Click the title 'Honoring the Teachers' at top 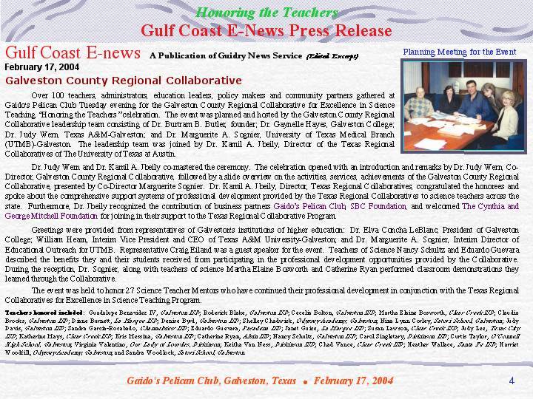[266, 13]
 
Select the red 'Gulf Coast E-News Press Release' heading [266, 30]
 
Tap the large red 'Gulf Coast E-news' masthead [73, 52]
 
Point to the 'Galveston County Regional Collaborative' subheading [123, 80]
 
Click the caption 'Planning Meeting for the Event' [459, 52]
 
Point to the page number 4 [512, 380]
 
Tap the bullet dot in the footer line [304, 382]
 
